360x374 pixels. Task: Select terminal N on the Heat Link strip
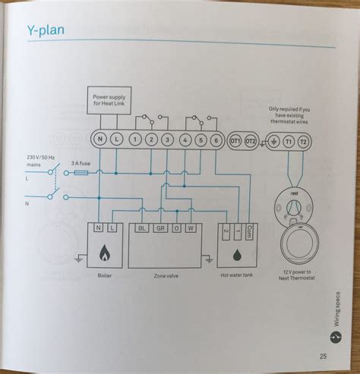[x=100, y=140]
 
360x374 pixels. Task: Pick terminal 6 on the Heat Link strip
[x=216, y=140]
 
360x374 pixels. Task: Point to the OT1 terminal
[x=235, y=141]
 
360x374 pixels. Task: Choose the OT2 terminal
[x=252, y=141]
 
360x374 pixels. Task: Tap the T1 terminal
[x=288, y=141]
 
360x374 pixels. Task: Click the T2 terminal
[x=303, y=141]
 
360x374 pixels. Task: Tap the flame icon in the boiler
[x=105, y=253]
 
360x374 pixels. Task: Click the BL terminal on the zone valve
[x=141, y=227]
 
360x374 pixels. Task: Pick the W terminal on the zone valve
[x=191, y=227]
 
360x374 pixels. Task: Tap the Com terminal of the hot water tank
[x=251, y=227]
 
